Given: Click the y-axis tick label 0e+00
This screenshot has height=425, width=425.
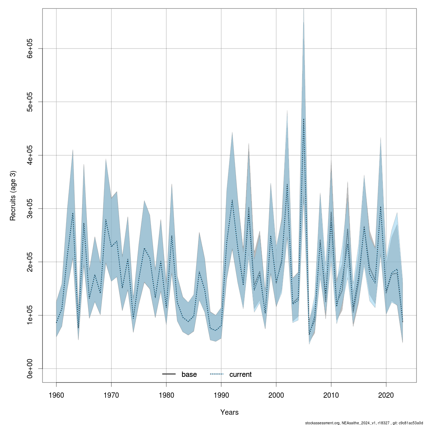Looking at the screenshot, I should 30,368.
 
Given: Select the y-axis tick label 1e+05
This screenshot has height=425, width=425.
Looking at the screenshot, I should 30,315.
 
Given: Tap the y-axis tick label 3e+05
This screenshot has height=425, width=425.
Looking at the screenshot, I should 30,209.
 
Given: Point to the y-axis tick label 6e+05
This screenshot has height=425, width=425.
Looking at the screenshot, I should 30,49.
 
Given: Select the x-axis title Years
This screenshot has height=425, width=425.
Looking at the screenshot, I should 229,412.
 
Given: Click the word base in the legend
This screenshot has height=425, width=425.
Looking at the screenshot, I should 189,375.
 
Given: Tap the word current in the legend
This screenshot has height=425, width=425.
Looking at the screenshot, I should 240,375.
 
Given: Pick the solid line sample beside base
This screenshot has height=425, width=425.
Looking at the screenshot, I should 169,374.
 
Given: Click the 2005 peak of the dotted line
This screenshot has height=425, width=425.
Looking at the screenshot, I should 304,119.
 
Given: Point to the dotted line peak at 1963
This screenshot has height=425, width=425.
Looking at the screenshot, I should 73,213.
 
